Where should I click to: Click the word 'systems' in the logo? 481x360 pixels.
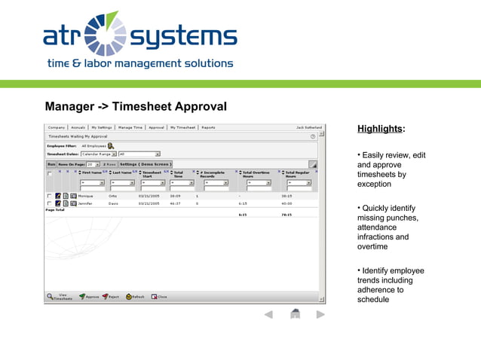pyautogui.click(x=183, y=35)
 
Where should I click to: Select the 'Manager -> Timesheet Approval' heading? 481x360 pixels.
pyautogui.click(x=136, y=107)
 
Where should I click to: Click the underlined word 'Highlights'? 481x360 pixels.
pyautogui.click(x=380, y=129)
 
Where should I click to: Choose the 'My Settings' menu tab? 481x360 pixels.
pyautogui.click(x=102, y=127)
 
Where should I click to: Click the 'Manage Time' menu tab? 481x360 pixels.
pyautogui.click(x=130, y=127)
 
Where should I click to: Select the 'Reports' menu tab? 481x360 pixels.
pyautogui.click(x=208, y=127)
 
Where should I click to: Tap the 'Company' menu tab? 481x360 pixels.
pyautogui.click(x=57, y=127)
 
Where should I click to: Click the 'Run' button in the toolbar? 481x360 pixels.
pyautogui.click(x=51, y=163)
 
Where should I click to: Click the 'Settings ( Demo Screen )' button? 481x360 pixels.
pyautogui.click(x=146, y=163)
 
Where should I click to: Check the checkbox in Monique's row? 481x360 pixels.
pyautogui.click(x=50, y=196)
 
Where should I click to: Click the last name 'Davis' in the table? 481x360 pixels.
pyautogui.click(x=112, y=203)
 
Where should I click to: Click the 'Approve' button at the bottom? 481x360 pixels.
pyautogui.click(x=89, y=297)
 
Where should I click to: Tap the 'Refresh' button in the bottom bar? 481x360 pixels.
pyautogui.click(x=135, y=297)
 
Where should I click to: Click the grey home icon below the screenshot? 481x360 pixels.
pyautogui.click(x=296, y=314)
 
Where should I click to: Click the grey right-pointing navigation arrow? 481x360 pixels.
pyautogui.click(x=320, y=314)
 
